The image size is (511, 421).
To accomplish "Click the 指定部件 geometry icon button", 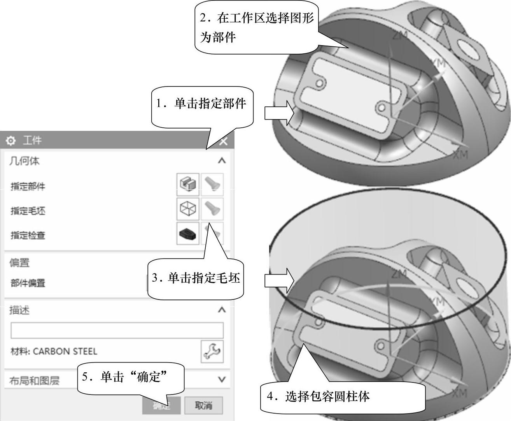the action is tap(188, 184).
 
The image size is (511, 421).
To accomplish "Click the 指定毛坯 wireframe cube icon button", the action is tap(188, 209).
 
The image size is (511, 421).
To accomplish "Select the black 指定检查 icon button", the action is tap(188, 233).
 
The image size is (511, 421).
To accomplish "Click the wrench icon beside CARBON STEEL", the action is tap(212, 351).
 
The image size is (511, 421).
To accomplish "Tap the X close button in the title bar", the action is tap(223, 141).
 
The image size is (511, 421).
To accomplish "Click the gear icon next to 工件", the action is tap(11, 141).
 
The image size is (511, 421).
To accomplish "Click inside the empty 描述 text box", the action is tap(117, 330).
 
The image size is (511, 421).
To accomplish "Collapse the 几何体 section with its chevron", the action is tap(222, 160).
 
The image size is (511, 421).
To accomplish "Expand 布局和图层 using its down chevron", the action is tap(222, 379).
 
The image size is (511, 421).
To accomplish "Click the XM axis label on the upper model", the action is tap(460, 155).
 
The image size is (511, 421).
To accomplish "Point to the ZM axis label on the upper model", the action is tap(400, 36).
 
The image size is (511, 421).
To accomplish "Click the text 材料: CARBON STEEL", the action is tap(54, 351).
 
